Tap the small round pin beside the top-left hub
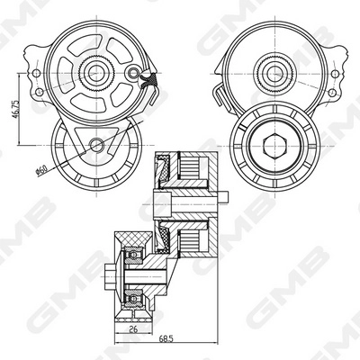pos(134,73)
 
